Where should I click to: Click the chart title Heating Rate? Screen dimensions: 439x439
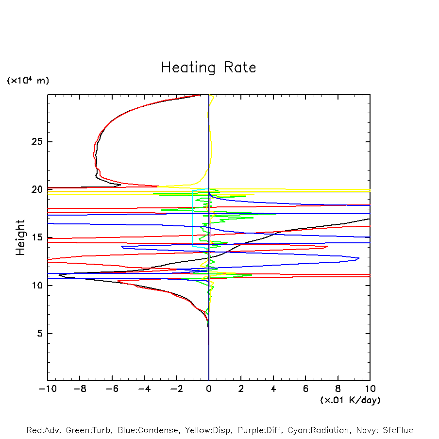[x=209, y=68]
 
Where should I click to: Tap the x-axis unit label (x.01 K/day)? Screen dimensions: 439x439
[x=350, y=400]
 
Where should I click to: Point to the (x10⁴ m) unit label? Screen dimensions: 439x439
[x=28, y=81]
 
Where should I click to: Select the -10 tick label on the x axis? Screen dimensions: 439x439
[x=47, y=389]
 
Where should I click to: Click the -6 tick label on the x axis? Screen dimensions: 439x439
[x=112, y=389]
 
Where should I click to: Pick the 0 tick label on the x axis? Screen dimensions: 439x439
[x=209, y=389]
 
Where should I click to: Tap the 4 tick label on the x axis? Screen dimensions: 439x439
[x=273, y=389]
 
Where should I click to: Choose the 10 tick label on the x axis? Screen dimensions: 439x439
[x=370, y=389]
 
